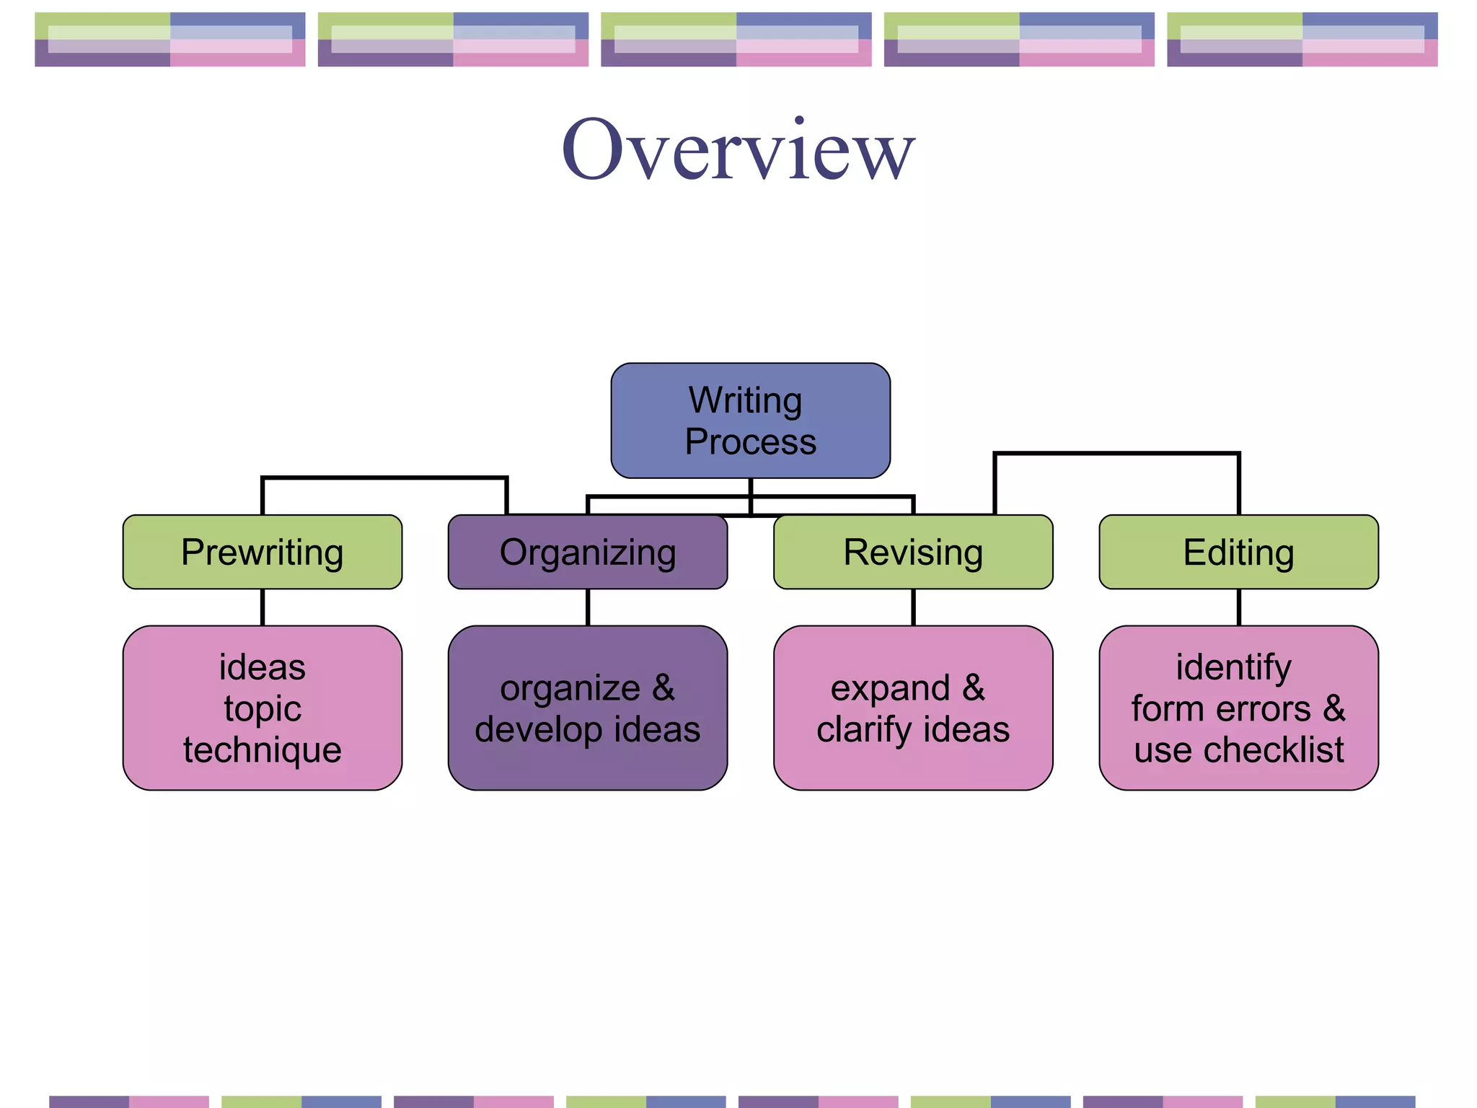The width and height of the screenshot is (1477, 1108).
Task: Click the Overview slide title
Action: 738,150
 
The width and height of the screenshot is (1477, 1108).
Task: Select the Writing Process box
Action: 750,421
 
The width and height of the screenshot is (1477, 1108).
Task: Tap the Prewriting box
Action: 262,553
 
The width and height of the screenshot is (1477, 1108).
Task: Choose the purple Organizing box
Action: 588,553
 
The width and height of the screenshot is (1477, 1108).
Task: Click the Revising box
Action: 913,553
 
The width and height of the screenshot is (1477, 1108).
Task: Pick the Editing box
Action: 1238,553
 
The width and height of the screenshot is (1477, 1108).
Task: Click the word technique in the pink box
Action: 262,749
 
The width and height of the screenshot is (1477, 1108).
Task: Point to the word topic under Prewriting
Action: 262,708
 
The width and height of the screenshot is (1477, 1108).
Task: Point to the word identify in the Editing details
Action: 1233,667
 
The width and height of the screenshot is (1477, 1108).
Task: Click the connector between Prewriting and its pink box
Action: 263,607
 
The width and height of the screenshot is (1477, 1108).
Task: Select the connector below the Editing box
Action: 1239,607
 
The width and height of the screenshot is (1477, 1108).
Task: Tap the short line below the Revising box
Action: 913,607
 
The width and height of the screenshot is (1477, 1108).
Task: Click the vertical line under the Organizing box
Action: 588,607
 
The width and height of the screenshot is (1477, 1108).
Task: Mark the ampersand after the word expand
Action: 974,687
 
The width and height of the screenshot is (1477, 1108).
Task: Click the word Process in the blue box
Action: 750,441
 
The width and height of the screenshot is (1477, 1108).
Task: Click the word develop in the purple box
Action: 537,729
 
